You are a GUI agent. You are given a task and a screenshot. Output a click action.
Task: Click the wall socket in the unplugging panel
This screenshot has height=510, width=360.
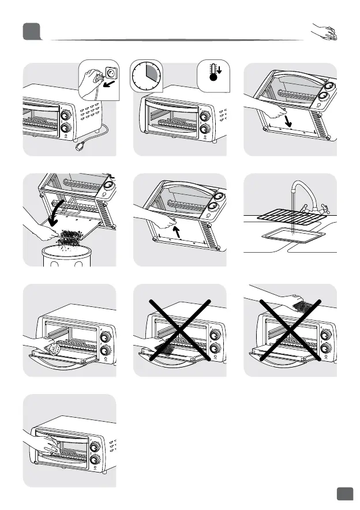[107, 75]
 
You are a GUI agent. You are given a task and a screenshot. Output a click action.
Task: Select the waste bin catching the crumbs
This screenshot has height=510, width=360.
[70, 254]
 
